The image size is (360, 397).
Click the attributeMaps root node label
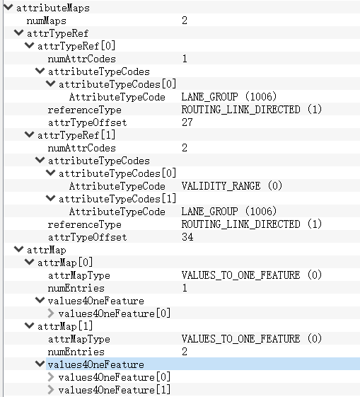click(53, 8)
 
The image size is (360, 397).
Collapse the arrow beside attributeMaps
click(8, 7)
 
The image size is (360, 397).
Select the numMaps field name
click(46, 21)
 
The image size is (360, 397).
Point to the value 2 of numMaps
click(185, 21)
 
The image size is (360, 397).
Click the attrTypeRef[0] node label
click(76, 46)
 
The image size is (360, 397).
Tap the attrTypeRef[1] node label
click(76, 135)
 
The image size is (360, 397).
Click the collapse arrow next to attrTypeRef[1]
click(30, 134)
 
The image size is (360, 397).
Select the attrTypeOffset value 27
click(187, 122)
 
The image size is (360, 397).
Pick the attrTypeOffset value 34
click(187, 237)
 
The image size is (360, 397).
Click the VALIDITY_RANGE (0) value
click(231, 186)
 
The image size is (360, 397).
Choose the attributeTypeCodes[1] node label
click(117, 199)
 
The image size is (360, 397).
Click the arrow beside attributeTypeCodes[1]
click(51, 198)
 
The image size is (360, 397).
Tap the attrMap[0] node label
click(65, 263)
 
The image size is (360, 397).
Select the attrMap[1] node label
click(65, 326)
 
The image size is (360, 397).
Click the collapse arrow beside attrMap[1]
click(30, 326)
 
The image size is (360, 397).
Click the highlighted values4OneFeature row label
click(96, 364)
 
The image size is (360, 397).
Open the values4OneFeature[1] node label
click(115, 390)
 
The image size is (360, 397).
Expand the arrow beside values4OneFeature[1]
click(51, 390)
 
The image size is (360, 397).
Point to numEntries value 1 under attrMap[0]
click(185, 288)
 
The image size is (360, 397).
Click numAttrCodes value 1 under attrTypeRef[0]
click(185, 59)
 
